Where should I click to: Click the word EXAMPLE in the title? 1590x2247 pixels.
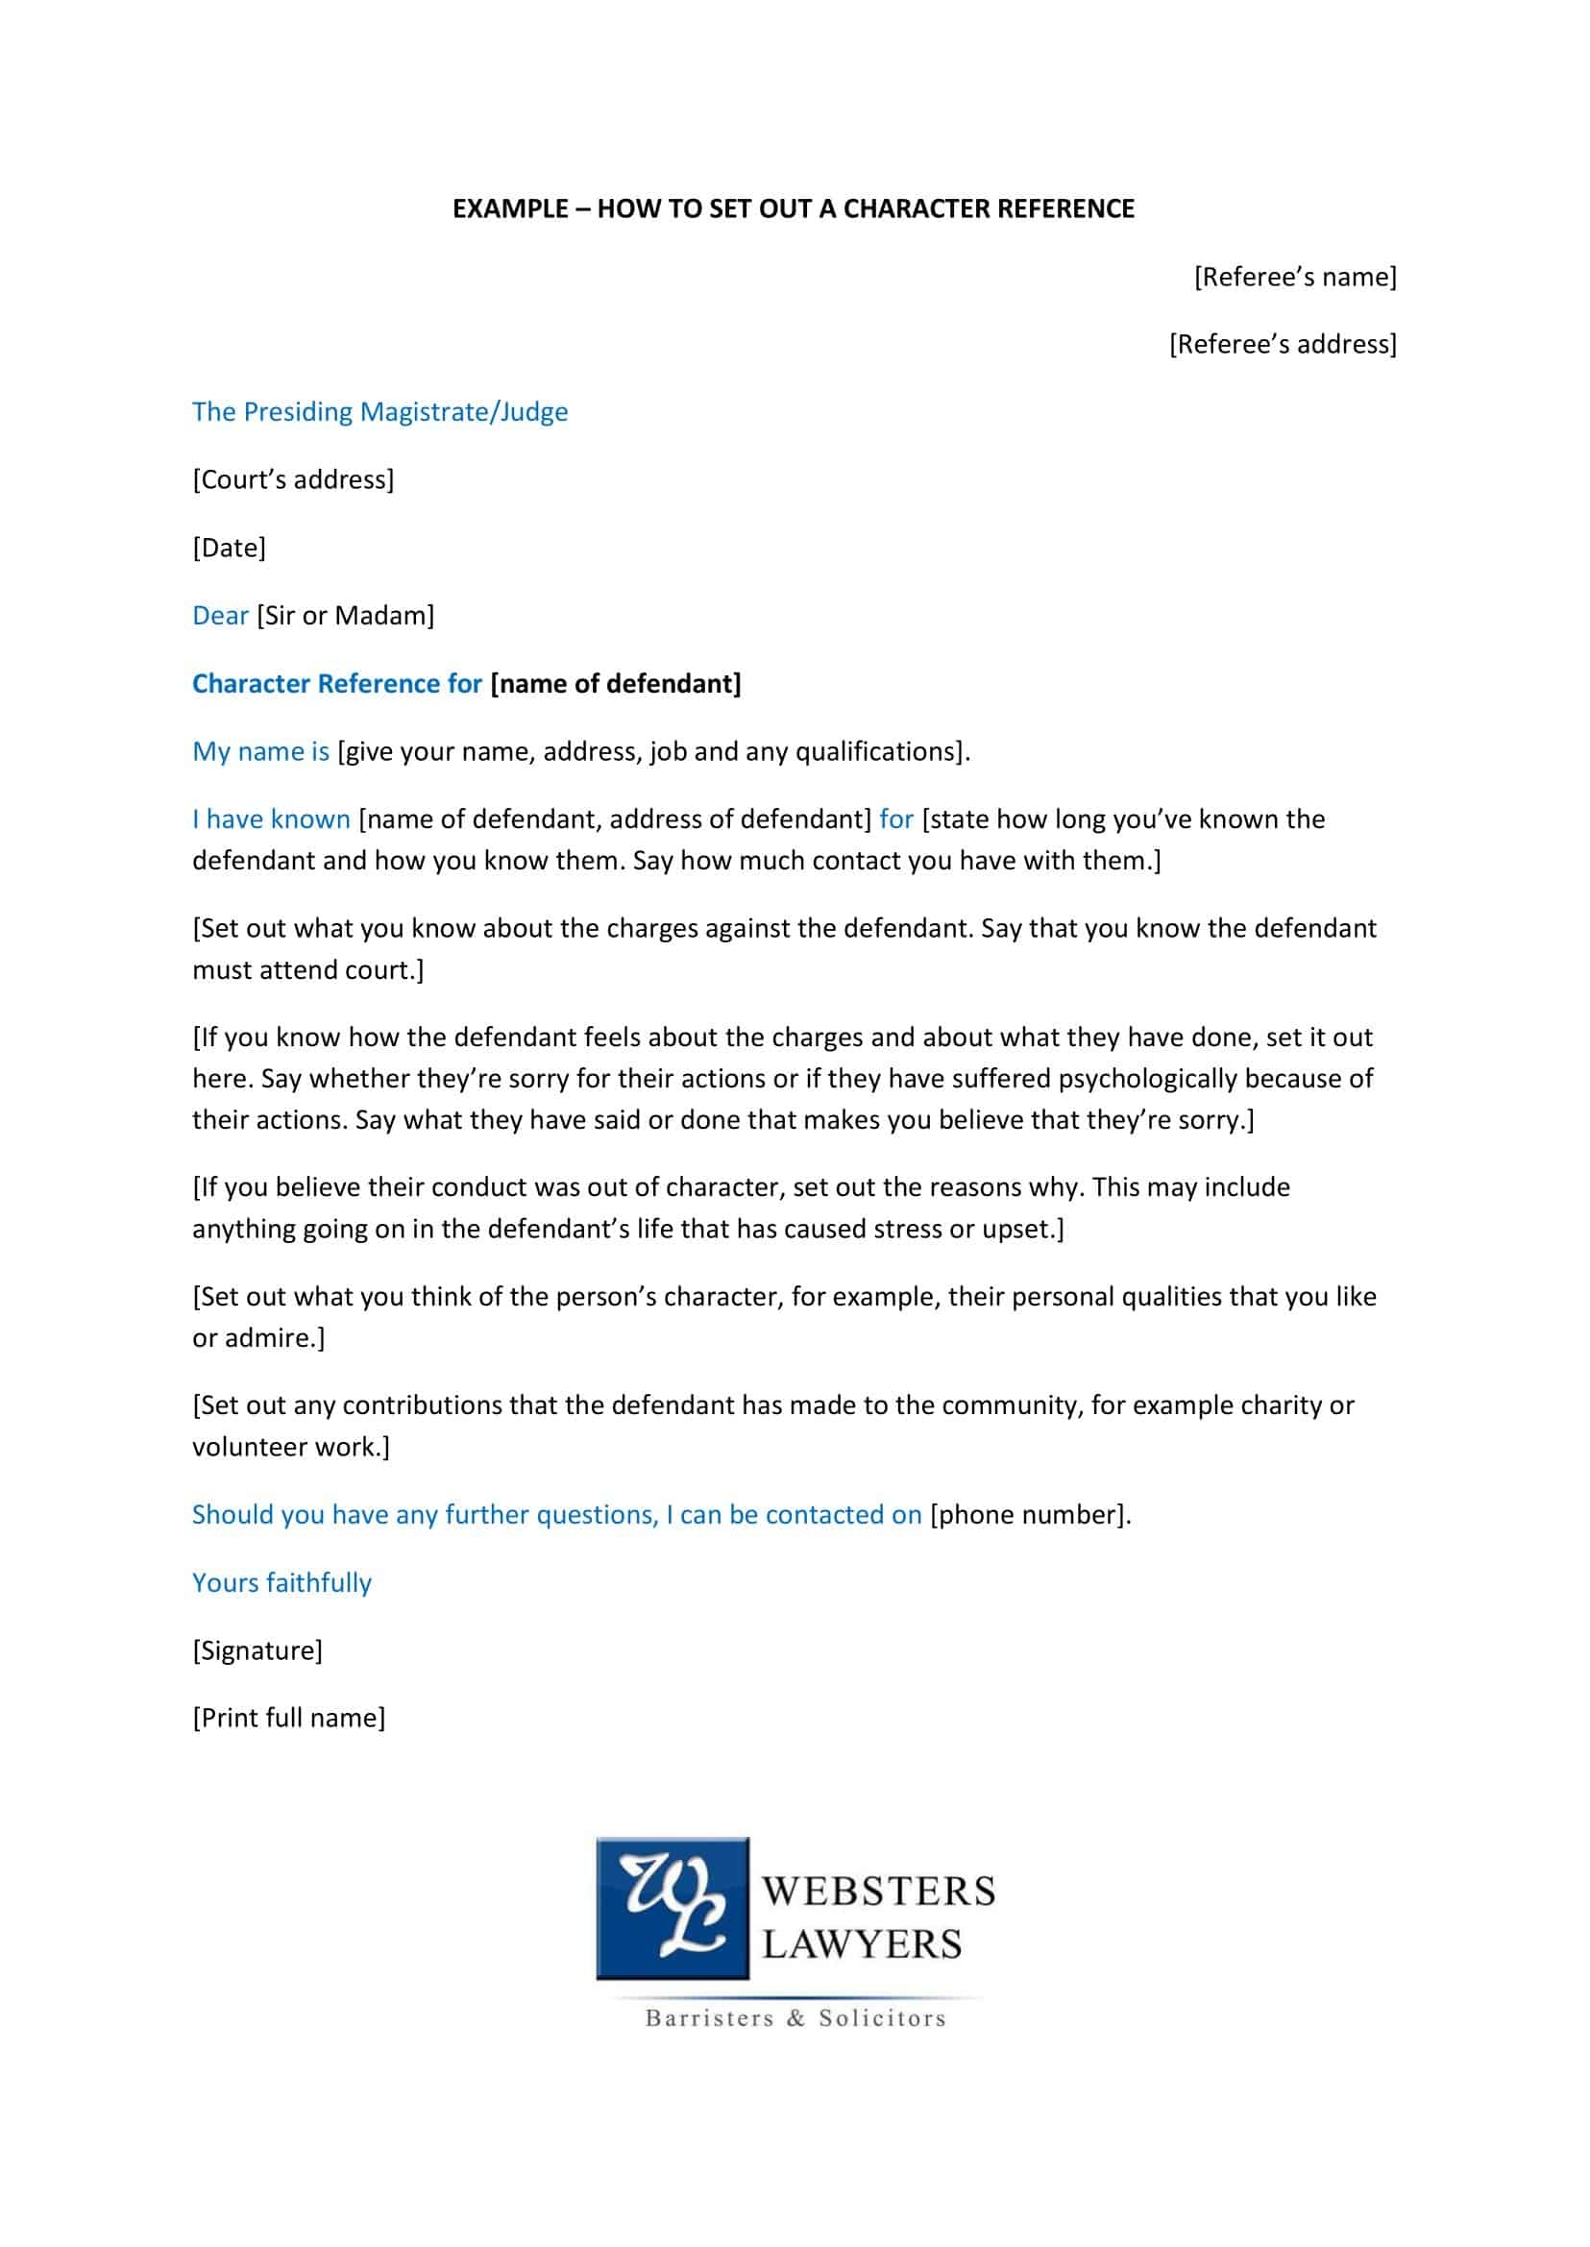coord(510,208)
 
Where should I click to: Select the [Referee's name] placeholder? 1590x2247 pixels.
coord(1294,277)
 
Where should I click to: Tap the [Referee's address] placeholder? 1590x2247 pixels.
coord(1283,345)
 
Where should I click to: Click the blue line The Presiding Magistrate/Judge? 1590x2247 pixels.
coord(379,412)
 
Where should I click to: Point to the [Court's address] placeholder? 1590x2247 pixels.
coord(293,479)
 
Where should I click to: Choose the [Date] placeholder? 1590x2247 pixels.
coord(229,548)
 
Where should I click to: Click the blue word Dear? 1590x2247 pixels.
coord(220,616)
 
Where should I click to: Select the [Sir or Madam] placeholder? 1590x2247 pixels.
coord(345,616)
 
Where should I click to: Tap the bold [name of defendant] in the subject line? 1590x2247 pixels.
coord(615,683)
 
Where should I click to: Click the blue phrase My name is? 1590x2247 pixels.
coord(260,752)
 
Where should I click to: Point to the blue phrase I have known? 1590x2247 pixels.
coord(271,819)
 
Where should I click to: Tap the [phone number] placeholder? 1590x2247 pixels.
coord(1028,1515)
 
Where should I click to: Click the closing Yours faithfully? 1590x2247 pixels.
coord(281,1583)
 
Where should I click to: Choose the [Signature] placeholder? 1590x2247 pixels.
coord(257,1650)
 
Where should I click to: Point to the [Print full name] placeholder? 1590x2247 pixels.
coord(289,1719)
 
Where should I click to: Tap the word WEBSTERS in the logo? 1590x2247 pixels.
coord(878,1891)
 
